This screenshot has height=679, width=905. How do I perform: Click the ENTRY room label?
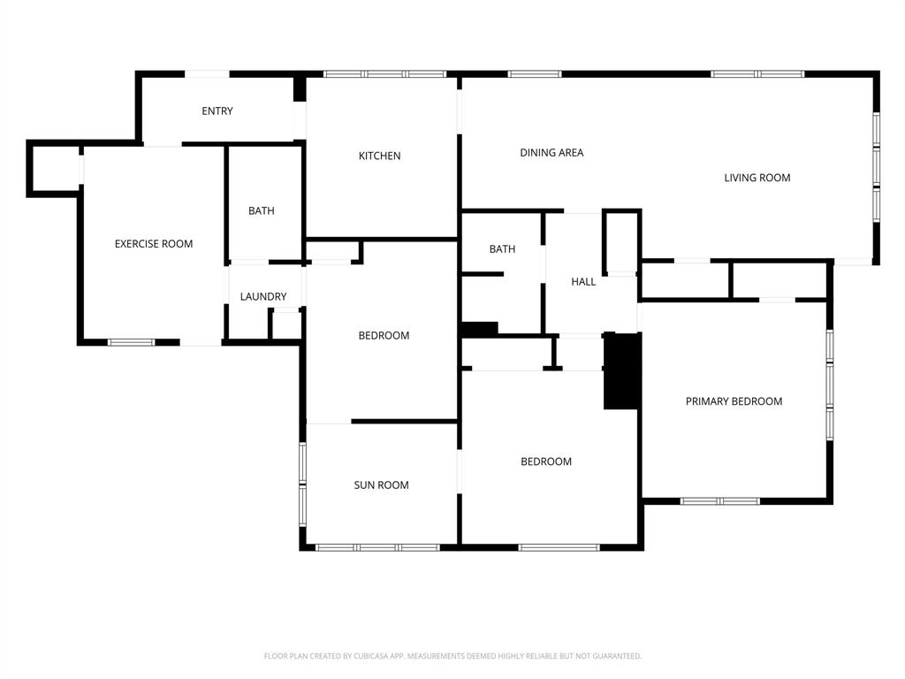click(217, 111)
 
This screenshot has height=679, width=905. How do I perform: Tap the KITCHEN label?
click(379, 156)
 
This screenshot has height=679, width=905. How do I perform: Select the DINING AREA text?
click(551, 153)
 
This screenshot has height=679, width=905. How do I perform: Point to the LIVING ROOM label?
click(757, 178)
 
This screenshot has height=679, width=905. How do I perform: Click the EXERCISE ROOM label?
click(154, 244)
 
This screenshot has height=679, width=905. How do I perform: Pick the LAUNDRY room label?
click(263, 297)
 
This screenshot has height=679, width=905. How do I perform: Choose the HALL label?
click(583, 282)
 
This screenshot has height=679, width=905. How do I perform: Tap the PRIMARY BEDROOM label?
click(734, 401)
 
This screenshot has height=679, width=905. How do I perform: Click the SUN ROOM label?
click(381, 485)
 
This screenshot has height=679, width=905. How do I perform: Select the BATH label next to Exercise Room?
click(261, 211)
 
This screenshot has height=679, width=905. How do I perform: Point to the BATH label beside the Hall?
click(502, 249)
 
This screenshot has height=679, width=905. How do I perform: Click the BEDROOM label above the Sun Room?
click(384, 336)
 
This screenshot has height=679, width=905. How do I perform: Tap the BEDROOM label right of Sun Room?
click(545, 462)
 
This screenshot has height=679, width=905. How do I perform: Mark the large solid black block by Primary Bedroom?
click(621, 371)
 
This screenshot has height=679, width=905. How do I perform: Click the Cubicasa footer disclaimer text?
click(452, 656)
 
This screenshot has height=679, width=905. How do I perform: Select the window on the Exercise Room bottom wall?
click(131, 342)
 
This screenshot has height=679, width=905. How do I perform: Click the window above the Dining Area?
click(535, 74)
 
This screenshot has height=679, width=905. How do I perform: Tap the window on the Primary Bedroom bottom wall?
click(719, 501)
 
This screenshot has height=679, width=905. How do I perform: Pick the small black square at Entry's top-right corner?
click(300, 89)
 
